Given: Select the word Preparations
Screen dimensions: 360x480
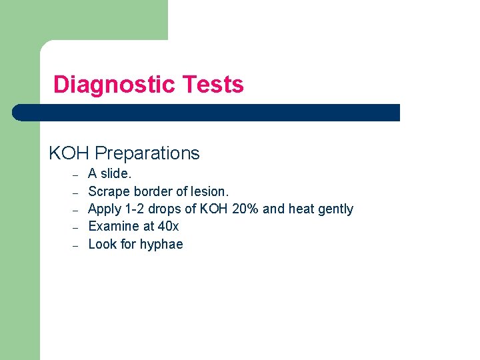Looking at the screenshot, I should [x=147, y=154].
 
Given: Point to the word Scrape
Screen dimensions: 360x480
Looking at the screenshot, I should [x=107, y=191].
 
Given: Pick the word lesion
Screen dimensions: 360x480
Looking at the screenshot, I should [x=209, y=191].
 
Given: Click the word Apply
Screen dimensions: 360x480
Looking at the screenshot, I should [x=104, y=209].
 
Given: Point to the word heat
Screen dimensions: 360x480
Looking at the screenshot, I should [x=301, y=209].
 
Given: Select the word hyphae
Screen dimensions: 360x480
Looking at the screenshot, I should [x=161, y=245].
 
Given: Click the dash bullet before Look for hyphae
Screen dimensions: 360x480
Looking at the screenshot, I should [x=75, y=245].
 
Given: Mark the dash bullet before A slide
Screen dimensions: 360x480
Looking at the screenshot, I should [x=75, y=175].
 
